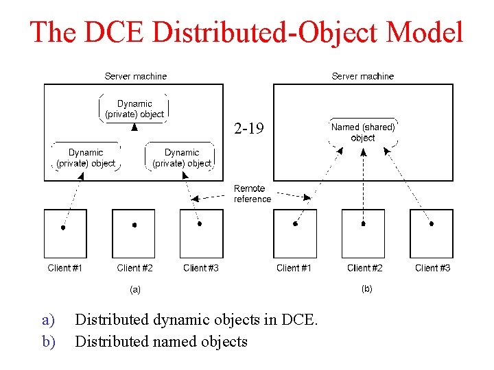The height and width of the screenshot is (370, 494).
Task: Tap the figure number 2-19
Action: click(248, 128)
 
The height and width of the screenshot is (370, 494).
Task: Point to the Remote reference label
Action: click(252, 194)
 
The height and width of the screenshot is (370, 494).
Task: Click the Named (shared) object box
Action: click(362, 132)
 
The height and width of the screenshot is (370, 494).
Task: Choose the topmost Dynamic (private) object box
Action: click(134, 108)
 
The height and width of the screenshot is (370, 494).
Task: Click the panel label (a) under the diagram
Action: click(135, 289)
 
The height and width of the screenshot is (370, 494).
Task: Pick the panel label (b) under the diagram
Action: click(367, 289)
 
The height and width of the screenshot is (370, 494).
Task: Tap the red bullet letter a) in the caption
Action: click(48, 319)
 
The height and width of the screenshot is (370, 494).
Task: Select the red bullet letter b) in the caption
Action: click(48, 341)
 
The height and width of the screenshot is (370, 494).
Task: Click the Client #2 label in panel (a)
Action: click(134, 268)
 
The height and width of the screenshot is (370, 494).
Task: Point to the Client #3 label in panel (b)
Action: click(432, 268)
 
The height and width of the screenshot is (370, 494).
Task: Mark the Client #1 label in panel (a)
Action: click(65, 268)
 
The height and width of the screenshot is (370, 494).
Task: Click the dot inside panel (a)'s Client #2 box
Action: click(134, 225)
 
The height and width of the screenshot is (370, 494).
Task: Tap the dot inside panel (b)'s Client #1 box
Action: click(295, 223)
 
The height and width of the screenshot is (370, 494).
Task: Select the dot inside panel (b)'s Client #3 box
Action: click(432, 223)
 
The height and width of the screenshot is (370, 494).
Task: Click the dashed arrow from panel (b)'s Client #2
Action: click(363, 185)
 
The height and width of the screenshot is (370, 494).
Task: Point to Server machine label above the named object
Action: click(362, 76)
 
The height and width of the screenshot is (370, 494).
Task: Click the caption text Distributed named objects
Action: click(161, 341)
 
